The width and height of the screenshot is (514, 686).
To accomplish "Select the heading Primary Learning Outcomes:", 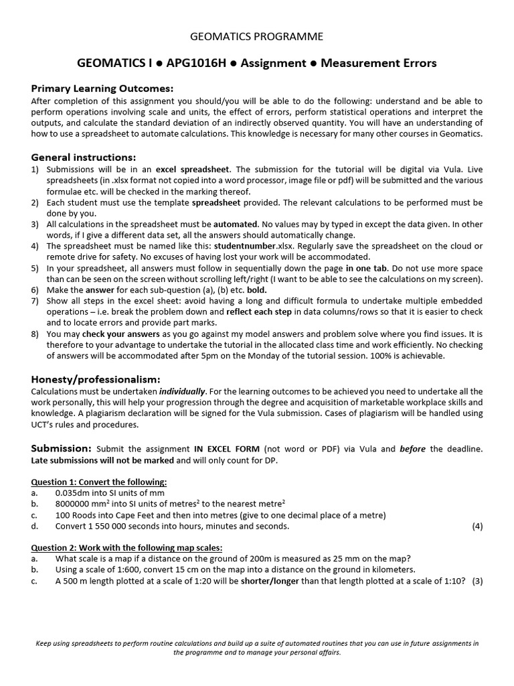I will point(102,88).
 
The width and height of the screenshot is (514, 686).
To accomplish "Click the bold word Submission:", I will point(61,448).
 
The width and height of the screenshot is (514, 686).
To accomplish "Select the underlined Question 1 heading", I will point(99,482).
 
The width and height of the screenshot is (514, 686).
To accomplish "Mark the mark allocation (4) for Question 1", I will point(477,526).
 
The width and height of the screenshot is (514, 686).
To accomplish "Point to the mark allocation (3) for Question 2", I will point(477,581).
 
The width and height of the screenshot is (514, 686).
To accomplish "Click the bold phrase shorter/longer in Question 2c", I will point(269,581).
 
